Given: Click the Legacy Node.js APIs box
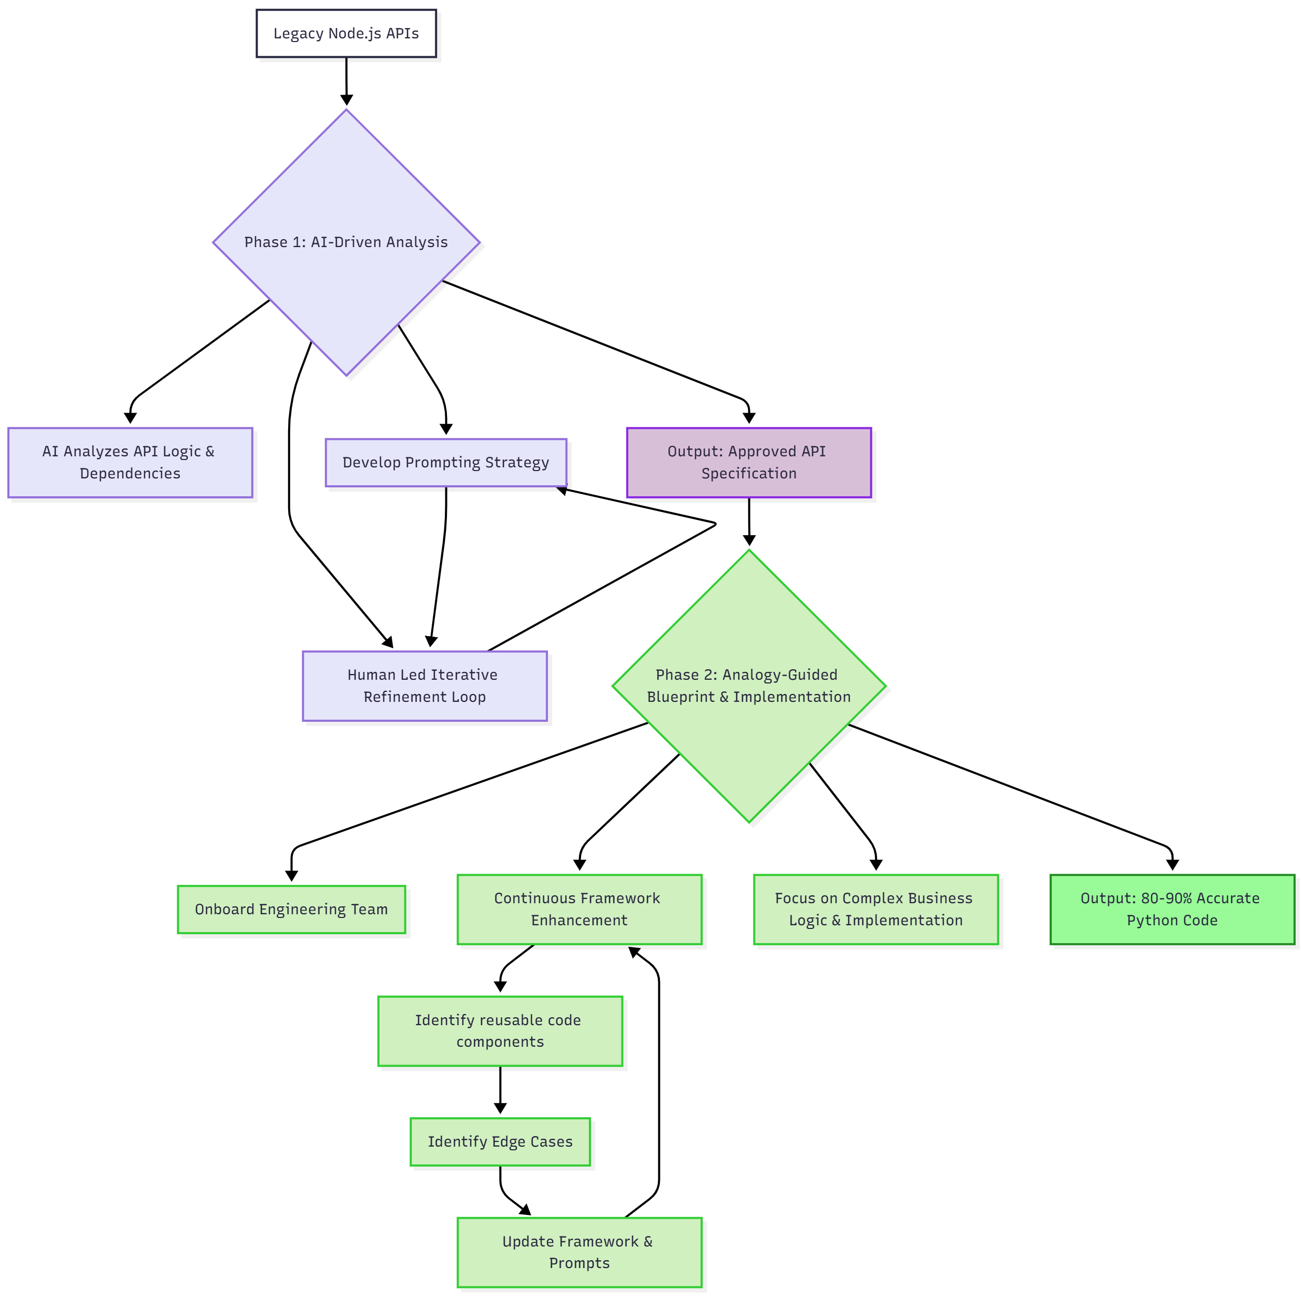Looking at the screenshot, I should coord(346,33).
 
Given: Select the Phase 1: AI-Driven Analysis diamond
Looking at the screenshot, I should coord(346,242).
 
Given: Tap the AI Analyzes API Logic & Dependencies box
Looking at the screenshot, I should coord(130,463).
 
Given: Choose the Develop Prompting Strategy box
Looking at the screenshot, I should coord(446,463).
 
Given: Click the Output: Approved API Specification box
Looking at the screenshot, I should coord(749,463).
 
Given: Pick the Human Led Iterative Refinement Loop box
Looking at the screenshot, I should coord(424,686).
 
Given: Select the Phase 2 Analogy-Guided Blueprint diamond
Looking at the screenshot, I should coord(749,686).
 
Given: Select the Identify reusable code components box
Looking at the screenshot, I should coord(500,1032).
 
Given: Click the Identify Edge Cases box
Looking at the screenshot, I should coord(500,1142).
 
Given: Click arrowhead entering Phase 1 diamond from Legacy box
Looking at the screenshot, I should coord(346,100).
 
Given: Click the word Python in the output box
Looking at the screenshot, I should coord(1149,921).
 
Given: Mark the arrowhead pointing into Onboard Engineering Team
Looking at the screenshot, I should coord(291,875).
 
